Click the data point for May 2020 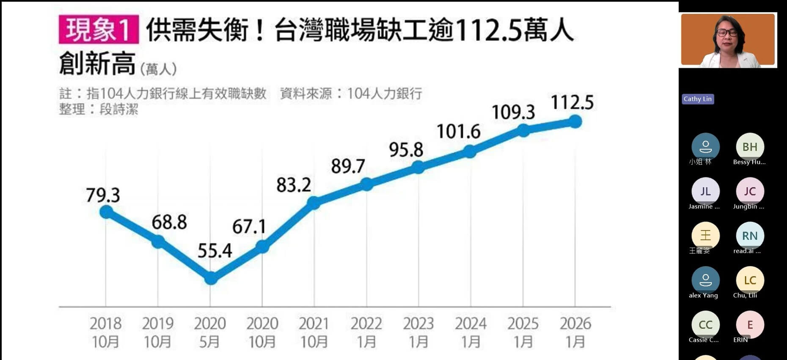tap(211, 278)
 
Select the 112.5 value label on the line tap(572, 103)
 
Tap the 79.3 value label tap(103, 195)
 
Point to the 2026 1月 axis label tap(575, 333)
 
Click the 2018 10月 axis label tap(105, 333)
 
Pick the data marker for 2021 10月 tap(314, 203)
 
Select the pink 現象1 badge tap(99, 30)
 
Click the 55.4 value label tap(215, 251)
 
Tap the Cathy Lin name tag tap(697, 99)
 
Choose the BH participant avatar tap(750, 147)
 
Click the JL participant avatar tap(705, 191)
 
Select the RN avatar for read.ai tap(750, 236)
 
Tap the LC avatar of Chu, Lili tap(750, 280)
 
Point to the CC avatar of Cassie tap(705, 324)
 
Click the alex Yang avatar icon tap(705, 280)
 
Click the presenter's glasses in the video tap(727, 33)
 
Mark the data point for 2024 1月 tap(470, 151)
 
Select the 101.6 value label tap(458, 132)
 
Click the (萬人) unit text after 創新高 tap(158, 69)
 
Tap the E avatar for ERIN tap(750, 324)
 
